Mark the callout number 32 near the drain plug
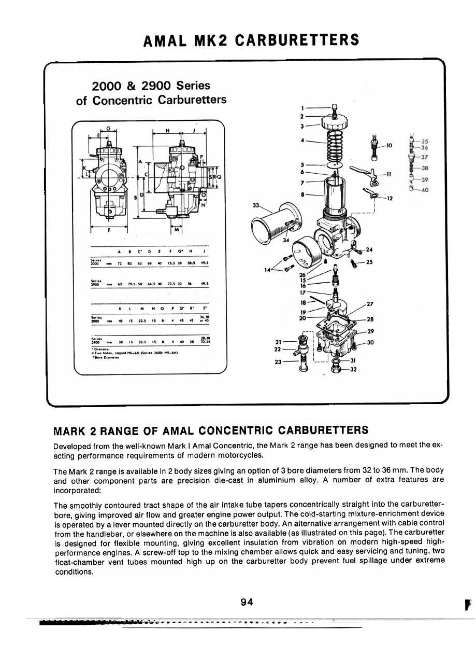click(x=354, y=370)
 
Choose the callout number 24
click(x=369, y=250)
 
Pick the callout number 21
click(x=279, y=342)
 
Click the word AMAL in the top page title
click(x=165, y=40)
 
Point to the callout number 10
click(x=390, y=146)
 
